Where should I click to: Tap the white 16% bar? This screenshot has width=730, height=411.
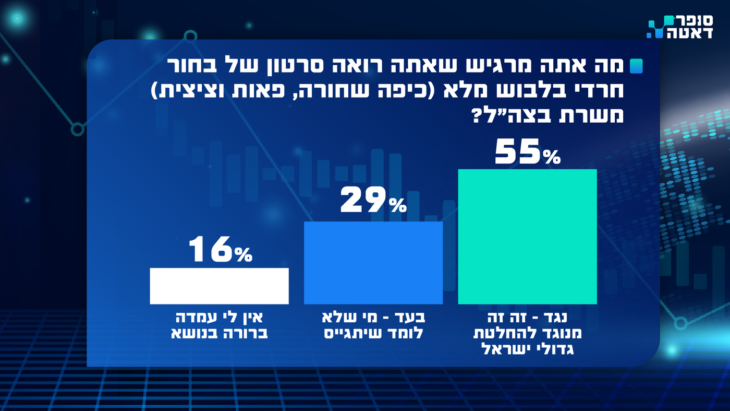[x=219, y=286]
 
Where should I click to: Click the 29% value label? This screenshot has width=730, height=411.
[x=373, y=202]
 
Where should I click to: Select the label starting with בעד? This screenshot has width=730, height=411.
[x=373, y=325]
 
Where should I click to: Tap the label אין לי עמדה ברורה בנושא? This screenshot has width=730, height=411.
[x=219, y=325]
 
